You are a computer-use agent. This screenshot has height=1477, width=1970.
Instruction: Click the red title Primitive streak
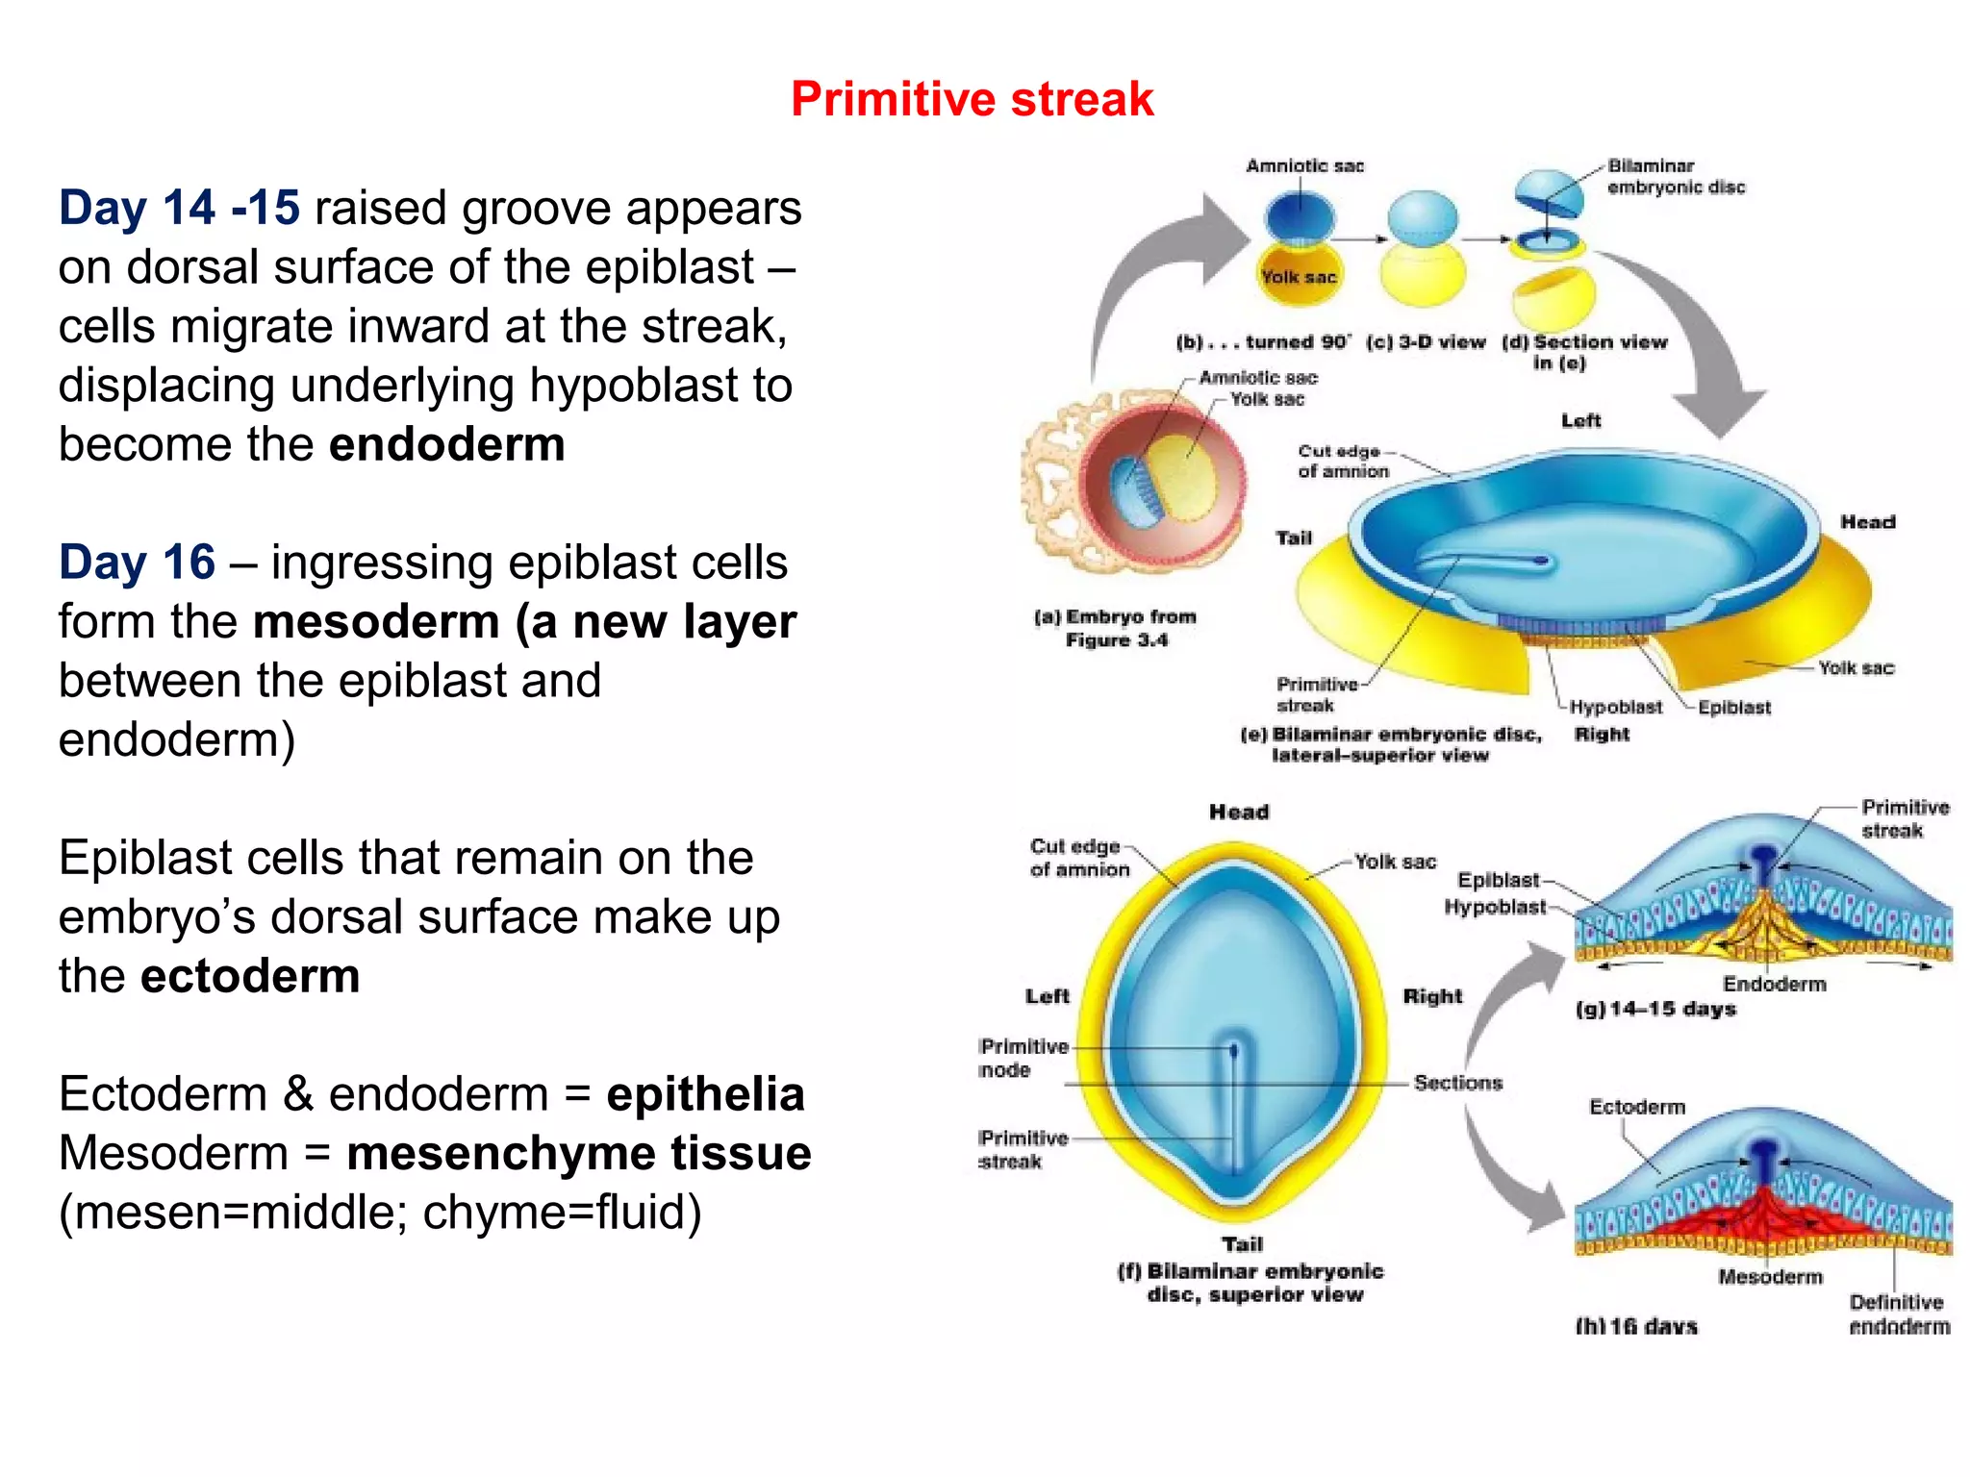coord(972,99)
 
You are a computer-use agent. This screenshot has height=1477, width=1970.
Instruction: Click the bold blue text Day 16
coord(137,562)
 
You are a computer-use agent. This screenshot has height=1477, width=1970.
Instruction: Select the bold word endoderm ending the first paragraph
coord(446,444)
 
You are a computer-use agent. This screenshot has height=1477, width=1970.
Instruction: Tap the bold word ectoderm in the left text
coord(250,976)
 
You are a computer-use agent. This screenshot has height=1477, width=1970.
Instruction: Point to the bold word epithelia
coord(705,1094)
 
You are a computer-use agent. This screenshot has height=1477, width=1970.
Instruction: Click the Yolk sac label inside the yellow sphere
coord(1299,277)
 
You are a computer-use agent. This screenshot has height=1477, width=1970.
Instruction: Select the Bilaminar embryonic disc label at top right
coord(1675,177)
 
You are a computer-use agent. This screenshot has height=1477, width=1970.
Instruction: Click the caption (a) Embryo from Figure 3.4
coord(1116,628)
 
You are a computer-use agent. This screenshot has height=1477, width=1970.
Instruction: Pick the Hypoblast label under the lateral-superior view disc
coord(1615,707)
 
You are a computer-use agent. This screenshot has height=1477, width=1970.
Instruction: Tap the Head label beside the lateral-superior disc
coord(1867,522)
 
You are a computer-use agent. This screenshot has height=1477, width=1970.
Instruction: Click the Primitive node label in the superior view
coord(1023,1058)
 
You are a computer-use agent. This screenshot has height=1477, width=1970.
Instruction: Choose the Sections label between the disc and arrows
coord(1457,1083)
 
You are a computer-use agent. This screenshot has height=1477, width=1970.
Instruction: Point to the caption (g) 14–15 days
coord(1655,1009)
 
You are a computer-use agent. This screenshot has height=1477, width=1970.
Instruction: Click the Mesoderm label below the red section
coord(1770,1277)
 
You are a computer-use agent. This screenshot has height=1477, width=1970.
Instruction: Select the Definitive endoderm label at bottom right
coord(1899,1314)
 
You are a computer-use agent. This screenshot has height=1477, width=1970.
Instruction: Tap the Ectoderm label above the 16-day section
coord(1637,1107)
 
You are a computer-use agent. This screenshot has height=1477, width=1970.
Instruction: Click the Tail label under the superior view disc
coord(1242,1244)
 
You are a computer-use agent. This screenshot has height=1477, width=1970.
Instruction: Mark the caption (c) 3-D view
coord(1426,342)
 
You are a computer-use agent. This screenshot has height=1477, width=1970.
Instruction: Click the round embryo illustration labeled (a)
coord(1135,481)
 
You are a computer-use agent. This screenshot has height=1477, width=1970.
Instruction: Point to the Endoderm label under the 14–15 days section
coord(1774,984)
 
